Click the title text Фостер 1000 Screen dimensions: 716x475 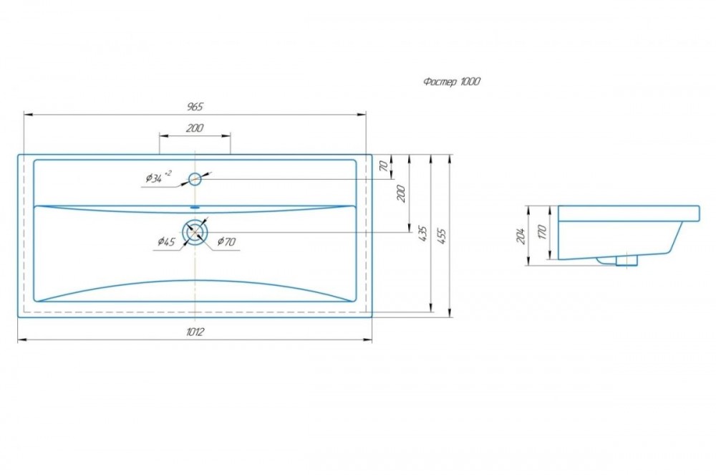point(451,82)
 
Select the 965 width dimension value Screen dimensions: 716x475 point(195,107)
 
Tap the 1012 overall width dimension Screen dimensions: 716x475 point(195,332)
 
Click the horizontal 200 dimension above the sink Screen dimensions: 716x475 point(195,128)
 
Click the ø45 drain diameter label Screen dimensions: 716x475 point(166,241)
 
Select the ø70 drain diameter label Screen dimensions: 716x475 point(226,241)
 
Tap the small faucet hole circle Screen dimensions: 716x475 point(195,179)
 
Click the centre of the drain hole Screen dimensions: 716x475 point(195,232)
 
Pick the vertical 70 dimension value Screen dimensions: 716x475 point(384,165)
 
